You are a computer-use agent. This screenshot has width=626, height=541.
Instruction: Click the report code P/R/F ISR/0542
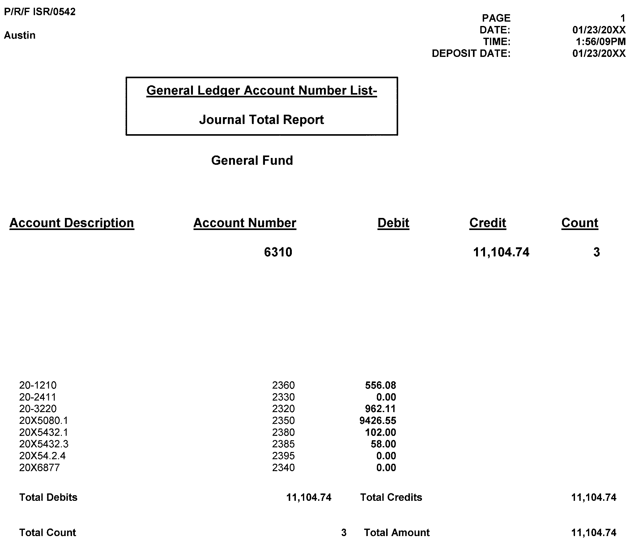[x=40, y=12]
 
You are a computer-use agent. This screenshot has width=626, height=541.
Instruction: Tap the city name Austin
[x=19, y=35]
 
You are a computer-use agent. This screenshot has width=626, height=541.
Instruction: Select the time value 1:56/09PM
[x=600, y=41]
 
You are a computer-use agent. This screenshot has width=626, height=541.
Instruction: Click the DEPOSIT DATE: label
[x=471, y=53]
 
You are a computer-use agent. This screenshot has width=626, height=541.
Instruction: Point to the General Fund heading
[x=252, y=160]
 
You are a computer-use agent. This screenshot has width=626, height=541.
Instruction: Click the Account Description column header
[x=72, y=223]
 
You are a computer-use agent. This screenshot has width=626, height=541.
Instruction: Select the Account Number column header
[x=245, y=223]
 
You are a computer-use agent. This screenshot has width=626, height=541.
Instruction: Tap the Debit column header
[x=393, y=223]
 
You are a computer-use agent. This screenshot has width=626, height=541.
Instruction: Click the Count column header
[x=580, y=223]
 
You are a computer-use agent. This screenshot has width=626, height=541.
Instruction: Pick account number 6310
[x=278, y=252]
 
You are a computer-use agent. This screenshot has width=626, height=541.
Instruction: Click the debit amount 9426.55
[x=377, y=420]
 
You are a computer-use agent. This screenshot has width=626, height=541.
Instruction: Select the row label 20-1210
[x=38, y=385]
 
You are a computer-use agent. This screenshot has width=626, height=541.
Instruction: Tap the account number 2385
[x=283, y=444]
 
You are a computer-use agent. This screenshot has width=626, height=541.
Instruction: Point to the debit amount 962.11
[x=380, y=409]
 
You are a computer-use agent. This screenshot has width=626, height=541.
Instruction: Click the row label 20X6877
[x=39, y=467]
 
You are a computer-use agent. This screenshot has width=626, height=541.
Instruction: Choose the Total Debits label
[x=48, y=497]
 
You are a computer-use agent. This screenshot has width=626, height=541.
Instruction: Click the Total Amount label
[x=397, y=532]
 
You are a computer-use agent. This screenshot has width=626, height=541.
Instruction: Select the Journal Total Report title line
[x=261, y=120]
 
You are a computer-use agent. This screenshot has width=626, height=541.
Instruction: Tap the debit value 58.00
[x=383, y=444]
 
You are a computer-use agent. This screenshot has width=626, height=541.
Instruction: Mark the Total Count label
[x=47, y=532]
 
